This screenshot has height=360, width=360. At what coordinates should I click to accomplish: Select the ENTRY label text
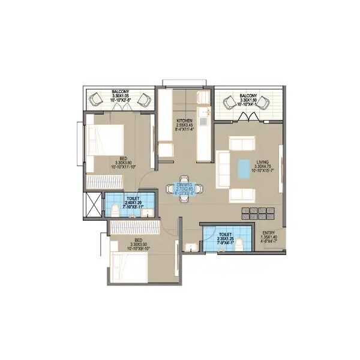(x=268, y=232)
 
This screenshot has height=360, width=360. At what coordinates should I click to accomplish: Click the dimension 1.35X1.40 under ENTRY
(x=268, y=238)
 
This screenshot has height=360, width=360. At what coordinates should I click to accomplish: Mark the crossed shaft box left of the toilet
(x=93, y=205)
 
